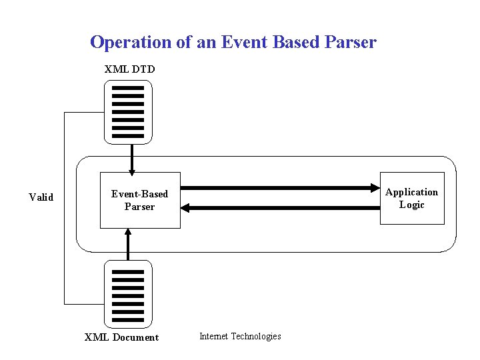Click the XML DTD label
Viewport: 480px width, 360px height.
pos(129,69)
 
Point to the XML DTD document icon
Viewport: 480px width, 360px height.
pos(128,112)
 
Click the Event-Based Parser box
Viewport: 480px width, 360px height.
pos(140,200)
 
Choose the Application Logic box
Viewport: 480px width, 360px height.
pos(411,199)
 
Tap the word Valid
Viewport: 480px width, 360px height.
pos(41,197)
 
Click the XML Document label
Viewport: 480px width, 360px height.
pos(121,337)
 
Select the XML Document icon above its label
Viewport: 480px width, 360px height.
pos(128,292)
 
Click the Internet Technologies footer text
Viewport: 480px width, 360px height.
pos(240,336)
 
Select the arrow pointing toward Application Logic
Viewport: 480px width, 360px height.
pos(280,188)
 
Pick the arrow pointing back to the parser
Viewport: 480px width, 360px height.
pos(280,208)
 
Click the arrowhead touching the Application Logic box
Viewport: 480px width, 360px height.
pos(375,188)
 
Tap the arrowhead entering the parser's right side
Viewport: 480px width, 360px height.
pos(186,208)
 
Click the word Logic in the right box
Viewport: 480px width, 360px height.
pos(411,205)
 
